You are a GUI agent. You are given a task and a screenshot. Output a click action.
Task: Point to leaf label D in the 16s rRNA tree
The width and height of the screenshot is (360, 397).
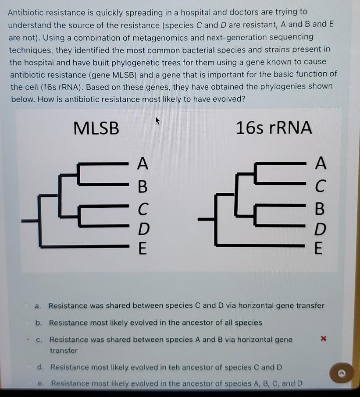[x=321, y=229]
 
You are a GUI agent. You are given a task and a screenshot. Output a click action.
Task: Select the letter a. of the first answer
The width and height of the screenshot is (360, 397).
[x=39, y=305]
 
